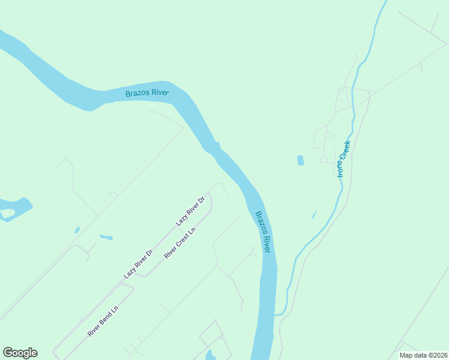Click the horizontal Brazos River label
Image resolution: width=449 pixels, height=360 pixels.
click(147, 93)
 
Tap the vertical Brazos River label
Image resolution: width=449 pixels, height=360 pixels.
click(263, 232)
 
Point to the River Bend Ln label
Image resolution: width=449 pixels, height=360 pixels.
click(103, 321)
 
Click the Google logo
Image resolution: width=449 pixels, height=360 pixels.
click(20, 353)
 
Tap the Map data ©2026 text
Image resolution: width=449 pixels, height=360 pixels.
click(423, 355)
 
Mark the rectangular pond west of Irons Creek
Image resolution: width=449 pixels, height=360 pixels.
click(300, 160)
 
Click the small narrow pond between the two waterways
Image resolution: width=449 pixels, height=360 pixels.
click(314, 214)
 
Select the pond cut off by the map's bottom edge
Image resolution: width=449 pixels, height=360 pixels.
click(210, 356)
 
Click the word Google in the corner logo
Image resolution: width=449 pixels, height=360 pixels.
click(20, 353)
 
